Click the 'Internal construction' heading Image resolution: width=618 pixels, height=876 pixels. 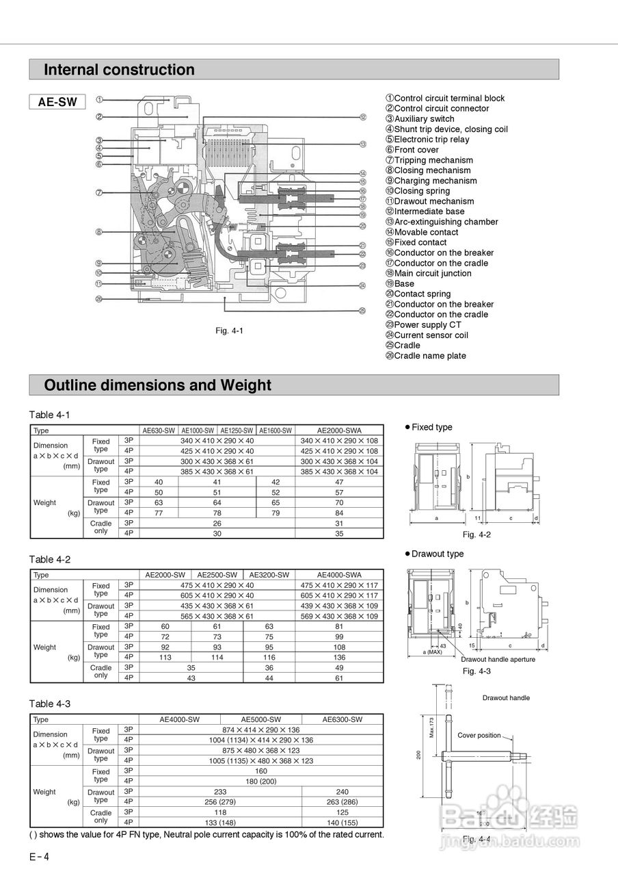pyautogui.click(x=119, y=70)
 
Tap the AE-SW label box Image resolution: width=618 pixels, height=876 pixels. pyautogui.click(x=57, y=102)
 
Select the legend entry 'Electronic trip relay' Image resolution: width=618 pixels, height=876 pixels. pyautogui.click(x=431, y=140)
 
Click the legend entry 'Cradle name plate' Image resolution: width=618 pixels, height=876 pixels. pyautogui.click(x=430, y=356)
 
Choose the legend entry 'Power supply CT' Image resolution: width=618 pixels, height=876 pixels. pyautogui.click(x=427, y=325)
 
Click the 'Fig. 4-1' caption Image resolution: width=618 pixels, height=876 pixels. pyautogui.click(x=230, y=331)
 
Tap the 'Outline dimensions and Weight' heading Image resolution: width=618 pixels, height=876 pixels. pyautogui.click(x=157, y=385)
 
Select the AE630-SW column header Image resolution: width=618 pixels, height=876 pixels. pyautogui.click(x=159, y=430)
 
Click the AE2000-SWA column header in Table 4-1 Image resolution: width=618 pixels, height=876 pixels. pyautogui.click(x=339, y=430)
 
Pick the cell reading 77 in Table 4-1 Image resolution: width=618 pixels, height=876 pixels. pyautogui.click(x=159, y=513)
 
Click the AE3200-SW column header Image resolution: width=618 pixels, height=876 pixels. pyautogui.click(x=269, y=575)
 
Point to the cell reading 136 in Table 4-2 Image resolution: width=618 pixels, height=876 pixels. pyautogui.click(x=339, y=657)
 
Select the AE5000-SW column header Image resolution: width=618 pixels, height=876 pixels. pyautogui.click(x=260, y=719)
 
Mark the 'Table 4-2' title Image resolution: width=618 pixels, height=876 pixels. pyautogui.click(x=50, y=559)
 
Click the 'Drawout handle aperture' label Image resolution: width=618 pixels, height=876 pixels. pyautogui.click(x=498, y=659)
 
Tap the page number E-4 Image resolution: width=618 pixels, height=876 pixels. pyautogui.click(x=39, y=857)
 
